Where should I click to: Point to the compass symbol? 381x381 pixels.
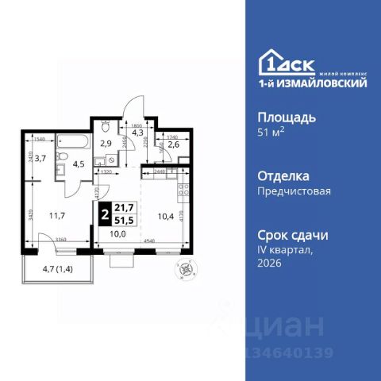188,267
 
